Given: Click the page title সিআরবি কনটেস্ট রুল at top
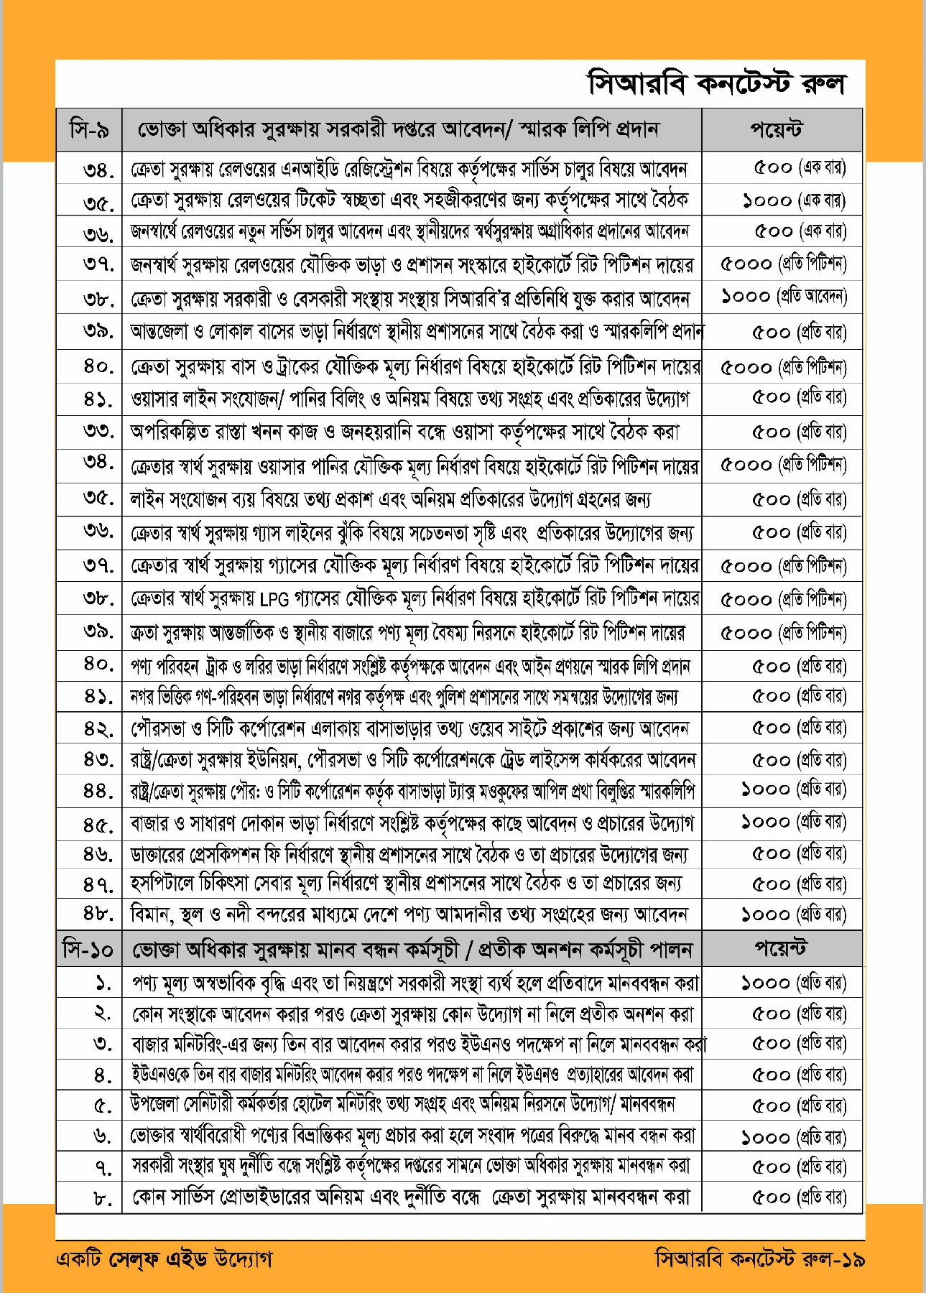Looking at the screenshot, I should (x=716, y=84).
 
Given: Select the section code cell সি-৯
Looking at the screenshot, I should (x=89, y=130).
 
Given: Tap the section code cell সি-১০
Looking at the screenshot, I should (x=88, y=950).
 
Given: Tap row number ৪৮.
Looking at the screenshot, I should (x=98, y=914).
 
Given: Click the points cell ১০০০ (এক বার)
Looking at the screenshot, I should (x=794, y=200).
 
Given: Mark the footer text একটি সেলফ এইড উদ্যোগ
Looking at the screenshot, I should (x=164, y=1259).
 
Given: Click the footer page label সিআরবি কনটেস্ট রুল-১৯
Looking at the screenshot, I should (x=759, y=1259).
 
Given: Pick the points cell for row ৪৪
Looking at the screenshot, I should (x=794, y=789).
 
